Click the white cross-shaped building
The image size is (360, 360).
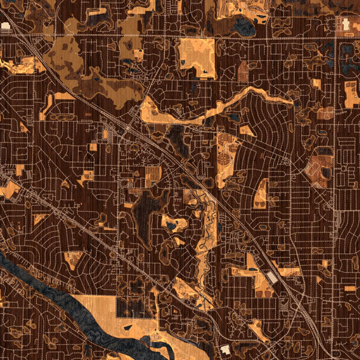pos(346,23)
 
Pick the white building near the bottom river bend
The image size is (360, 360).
pos(226,349)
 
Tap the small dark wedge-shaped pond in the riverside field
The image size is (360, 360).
pos(128,328)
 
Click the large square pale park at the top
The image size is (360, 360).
pos(197,58)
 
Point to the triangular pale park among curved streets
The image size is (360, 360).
pos(262,195)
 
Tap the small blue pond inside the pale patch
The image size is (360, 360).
pos(172,226)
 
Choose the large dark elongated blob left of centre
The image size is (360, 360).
pos(143,216)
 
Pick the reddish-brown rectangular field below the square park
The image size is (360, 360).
pos(243,72)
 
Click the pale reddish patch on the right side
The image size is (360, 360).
pos(319,168)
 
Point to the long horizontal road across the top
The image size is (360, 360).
pos(180,38)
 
